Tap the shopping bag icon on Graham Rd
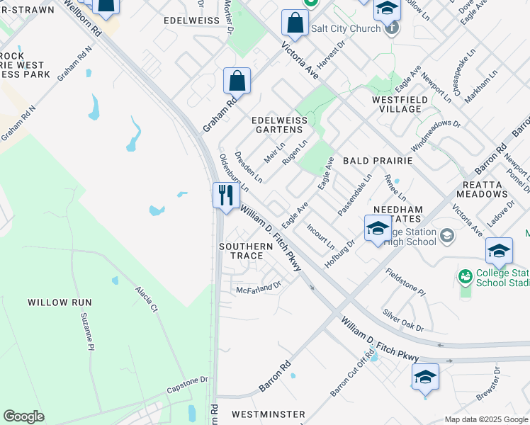coord(237,81)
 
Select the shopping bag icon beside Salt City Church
coord(294,23)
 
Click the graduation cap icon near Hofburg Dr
coord(377,229)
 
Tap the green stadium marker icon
coord(466,276)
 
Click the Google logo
coord(23,416)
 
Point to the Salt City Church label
coord(344,28)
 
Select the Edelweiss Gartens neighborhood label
coord(281,125)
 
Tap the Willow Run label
coord(60,302)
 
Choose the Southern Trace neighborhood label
coord(245,251)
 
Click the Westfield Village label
coord(400,105)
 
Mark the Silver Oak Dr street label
coord(402,319)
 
